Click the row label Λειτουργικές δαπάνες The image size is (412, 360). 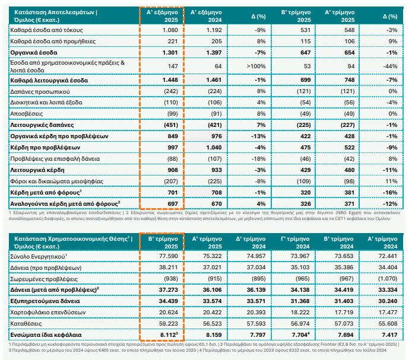click(x=42, y=125)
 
